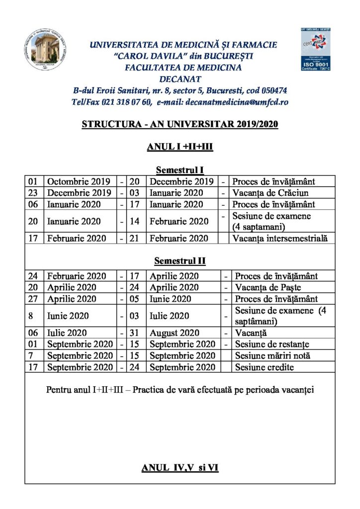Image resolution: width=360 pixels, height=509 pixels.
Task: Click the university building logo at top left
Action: [47, 49]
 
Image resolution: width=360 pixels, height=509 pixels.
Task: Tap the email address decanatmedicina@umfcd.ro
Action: [236, 102]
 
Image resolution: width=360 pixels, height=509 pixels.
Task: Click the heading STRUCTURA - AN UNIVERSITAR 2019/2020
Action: [180, 124]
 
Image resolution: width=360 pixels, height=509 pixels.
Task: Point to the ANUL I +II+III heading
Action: [180, 147]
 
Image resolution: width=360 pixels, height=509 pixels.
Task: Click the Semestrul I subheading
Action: [180, 170]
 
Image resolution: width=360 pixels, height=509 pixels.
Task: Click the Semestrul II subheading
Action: [180, 261]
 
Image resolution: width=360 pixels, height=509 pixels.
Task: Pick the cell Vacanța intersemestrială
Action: [280, 239]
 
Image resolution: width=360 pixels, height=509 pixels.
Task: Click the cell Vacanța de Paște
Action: [268, 287]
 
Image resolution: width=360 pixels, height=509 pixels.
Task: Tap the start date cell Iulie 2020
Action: [67, 333]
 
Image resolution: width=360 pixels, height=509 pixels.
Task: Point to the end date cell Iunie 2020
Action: [171, 299]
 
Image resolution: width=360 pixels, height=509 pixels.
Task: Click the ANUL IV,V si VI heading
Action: [180, 468]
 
